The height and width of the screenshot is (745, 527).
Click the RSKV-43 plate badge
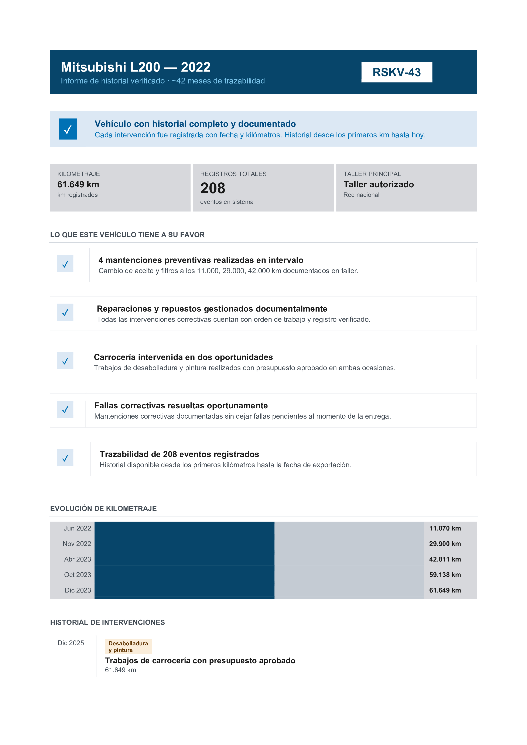pos(397,72)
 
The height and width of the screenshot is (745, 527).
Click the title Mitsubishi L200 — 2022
pos(136,67)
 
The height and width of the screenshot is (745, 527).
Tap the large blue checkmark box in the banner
pos(68,129)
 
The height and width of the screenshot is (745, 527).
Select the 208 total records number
pos(213,188)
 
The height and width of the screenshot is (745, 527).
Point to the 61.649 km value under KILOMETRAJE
pos(78,184)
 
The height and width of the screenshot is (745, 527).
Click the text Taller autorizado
pos(378,184)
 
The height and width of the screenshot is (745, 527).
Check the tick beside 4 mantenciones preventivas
pos(65,264)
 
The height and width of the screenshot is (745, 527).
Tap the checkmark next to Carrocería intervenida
pos(65,361)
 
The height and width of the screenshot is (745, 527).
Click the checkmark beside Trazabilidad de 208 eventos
pos(65,458)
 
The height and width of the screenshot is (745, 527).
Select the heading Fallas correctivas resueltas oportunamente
pos(181,406)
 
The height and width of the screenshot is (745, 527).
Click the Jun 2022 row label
pos(77,528)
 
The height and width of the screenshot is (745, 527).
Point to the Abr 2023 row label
pos(78,559)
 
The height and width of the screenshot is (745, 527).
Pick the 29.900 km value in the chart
pos(445,544)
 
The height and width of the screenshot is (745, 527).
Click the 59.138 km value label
pos(445,575)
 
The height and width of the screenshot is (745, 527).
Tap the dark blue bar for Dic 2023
pos(184,590)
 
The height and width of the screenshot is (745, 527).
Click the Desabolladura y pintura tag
pos(128,647)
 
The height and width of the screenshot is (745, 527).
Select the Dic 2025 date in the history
pos(71,643)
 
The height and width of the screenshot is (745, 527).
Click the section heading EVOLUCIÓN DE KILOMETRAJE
pos(103,508)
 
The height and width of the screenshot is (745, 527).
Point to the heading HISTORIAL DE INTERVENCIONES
pos(107,622)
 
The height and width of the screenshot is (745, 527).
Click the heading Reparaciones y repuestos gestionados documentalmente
pos(212,309)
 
